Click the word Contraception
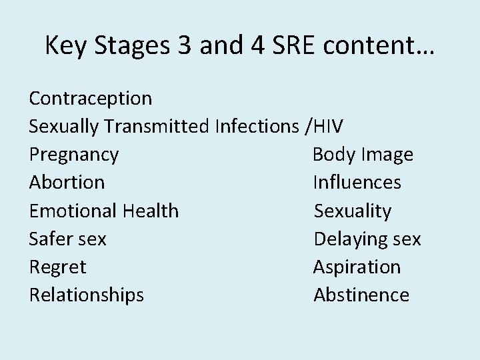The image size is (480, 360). [91, 99]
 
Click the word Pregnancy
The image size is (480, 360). [74, 155]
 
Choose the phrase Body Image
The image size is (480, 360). [363, 155]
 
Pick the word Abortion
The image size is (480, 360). [67, 182]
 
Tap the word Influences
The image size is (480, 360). [357, 182]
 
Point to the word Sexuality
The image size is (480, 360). [353, 211]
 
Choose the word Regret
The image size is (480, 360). [57, 267]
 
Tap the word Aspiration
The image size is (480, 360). [357, 267]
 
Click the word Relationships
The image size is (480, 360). [86, 295]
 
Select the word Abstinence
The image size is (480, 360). [361, 295]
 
